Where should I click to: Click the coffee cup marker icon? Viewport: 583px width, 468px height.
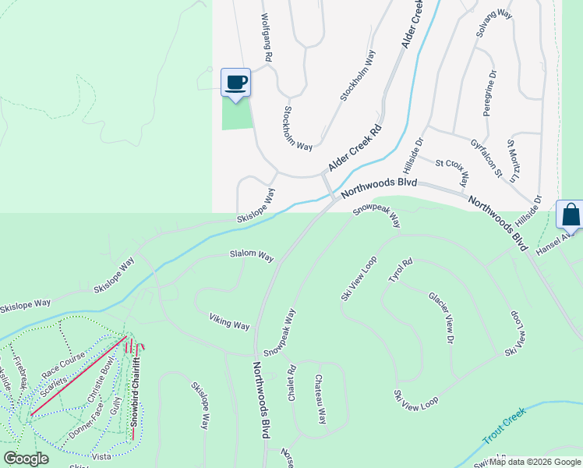pos(236,82)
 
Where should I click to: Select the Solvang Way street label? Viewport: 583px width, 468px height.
pos(494,25)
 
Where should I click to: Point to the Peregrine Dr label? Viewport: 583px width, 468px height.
pos(490,94)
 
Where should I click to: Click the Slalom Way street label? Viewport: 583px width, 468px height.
pos(251,256)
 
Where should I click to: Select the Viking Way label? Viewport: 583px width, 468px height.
pos(229,321)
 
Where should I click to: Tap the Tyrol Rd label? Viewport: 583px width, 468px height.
pos(398,272)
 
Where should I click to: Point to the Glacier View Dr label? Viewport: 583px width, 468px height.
pos(441,317)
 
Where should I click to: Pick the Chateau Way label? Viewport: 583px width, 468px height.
pos(320,399)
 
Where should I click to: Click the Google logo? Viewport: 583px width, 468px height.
pos(26,459)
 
